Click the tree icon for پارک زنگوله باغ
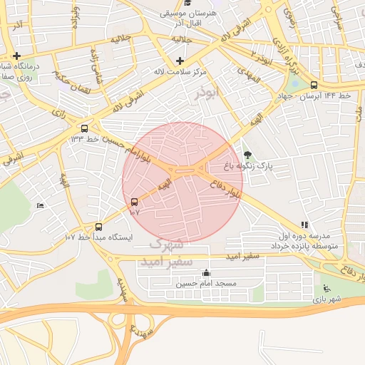[247, 155]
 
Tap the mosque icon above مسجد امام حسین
[207, 272]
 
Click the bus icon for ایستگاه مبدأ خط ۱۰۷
[98, 227]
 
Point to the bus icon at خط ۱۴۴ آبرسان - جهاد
[314, 85]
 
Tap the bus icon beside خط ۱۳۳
[86, 129]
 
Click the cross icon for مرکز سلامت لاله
[179, 61]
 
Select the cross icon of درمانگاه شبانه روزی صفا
[16, 56]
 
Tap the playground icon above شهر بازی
[327, 288]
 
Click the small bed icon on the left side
[40, 206]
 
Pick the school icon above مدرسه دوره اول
[304, 225]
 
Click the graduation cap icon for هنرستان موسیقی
[187, 4]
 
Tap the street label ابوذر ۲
[263, 54]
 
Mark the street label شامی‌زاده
[96, 66]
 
